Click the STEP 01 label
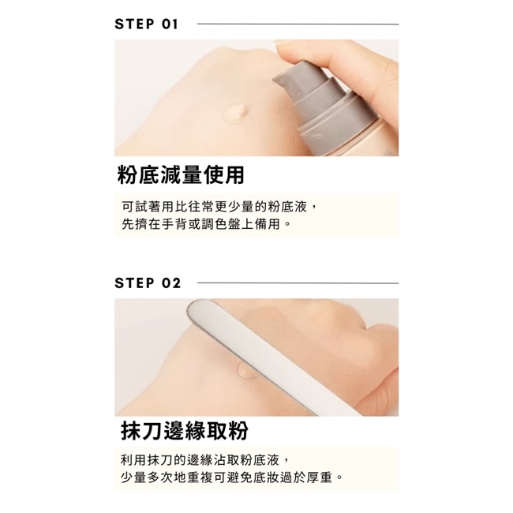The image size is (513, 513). coord(146,24)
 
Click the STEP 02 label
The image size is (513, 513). coord(148,283)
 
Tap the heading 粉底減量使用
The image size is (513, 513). coord(181,174)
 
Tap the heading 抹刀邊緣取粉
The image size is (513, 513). coord(185,430)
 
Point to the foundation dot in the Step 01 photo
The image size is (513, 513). coord(236,112)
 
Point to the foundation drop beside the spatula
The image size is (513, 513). coord(247,371)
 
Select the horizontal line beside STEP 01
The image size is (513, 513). coord(298,24)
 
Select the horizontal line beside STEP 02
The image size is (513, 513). coord(298,283)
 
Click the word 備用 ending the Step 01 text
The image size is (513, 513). coord(268,224)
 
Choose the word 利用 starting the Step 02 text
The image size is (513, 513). coord(134,460)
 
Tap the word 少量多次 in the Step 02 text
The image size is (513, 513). coord(148,477)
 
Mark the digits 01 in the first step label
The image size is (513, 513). coord(170,24)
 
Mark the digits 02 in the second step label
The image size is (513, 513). coord(170,283)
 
